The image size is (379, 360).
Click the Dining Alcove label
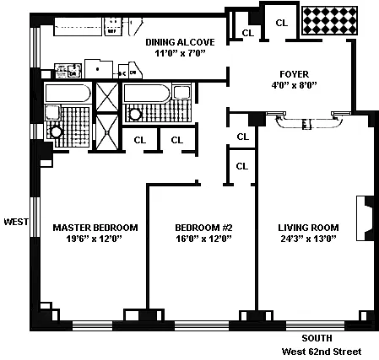180,42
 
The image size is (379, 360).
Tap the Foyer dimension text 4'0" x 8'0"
294,85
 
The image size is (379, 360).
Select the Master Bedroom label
95,228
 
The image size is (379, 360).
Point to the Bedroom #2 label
203,228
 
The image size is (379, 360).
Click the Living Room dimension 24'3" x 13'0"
309,239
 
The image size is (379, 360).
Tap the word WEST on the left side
16,222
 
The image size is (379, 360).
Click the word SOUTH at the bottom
317,338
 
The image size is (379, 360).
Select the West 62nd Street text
322,352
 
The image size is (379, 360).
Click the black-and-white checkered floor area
329,21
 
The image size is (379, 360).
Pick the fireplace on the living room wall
365,218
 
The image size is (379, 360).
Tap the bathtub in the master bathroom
68,93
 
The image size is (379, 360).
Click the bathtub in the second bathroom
147,93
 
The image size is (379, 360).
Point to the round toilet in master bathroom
56,132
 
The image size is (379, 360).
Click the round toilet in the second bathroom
135,114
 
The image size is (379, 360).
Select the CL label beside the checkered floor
282,23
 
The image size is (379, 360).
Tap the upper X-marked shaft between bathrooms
107,97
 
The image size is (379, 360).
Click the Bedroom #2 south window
202,325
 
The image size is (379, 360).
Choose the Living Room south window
315,325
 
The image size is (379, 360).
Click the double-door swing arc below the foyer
309,125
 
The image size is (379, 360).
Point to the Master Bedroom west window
35,217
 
